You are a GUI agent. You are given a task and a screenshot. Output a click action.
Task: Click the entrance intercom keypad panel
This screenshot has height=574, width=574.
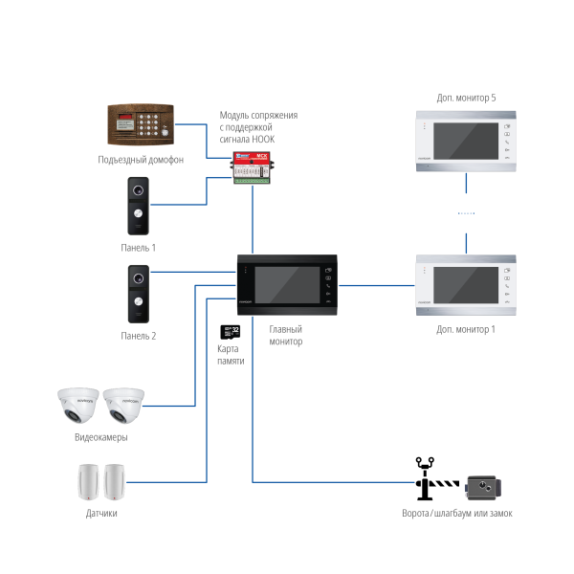[141, 122]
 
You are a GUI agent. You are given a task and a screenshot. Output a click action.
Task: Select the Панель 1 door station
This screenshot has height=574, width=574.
[139, 205]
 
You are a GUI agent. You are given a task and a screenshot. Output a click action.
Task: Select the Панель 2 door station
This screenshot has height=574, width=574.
[139, 294]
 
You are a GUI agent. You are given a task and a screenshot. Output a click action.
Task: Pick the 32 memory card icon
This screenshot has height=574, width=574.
[230, 333]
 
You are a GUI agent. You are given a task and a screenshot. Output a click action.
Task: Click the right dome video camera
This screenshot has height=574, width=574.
[124, 406]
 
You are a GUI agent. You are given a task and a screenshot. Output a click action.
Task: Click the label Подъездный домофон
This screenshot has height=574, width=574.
[141, 159]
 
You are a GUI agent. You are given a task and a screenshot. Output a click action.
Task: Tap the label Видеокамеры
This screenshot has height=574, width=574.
[100, 437]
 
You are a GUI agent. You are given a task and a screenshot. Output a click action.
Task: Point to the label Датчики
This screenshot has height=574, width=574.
[101, 514]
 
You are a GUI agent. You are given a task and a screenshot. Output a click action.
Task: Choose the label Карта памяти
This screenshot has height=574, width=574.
[230, 355]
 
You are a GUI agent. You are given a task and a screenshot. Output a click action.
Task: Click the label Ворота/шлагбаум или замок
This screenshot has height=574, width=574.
[456, 514]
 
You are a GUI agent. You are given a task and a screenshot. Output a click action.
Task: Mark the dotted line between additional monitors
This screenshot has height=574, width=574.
[466, 212]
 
